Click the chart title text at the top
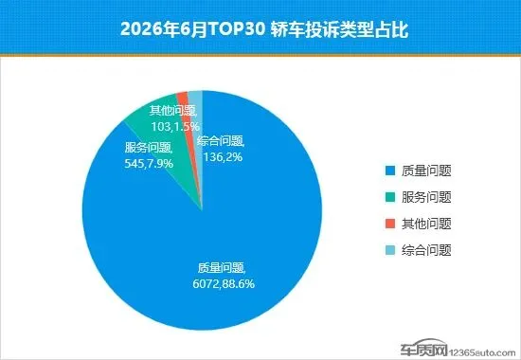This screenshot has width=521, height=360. (264, 30)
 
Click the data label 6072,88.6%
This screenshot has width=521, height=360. (224, 283)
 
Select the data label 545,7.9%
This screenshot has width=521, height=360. (149, 164)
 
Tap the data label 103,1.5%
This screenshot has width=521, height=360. (175, 126)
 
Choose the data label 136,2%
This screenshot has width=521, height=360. (223, 156)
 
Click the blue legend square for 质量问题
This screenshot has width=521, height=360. (390, 171)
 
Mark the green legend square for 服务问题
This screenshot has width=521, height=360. (390, 197)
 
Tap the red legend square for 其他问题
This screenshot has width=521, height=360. (390, 224)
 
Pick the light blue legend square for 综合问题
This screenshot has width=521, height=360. (390, 250)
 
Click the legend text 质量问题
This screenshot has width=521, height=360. (426, 171)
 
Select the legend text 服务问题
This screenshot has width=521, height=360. (426, 197)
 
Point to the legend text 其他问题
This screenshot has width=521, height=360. (426, 224)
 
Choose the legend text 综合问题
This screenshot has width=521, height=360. (426, 250)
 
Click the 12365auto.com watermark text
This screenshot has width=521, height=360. (482, 352)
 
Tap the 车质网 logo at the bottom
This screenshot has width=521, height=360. (423, 349)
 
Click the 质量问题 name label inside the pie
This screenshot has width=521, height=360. (222, 268)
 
